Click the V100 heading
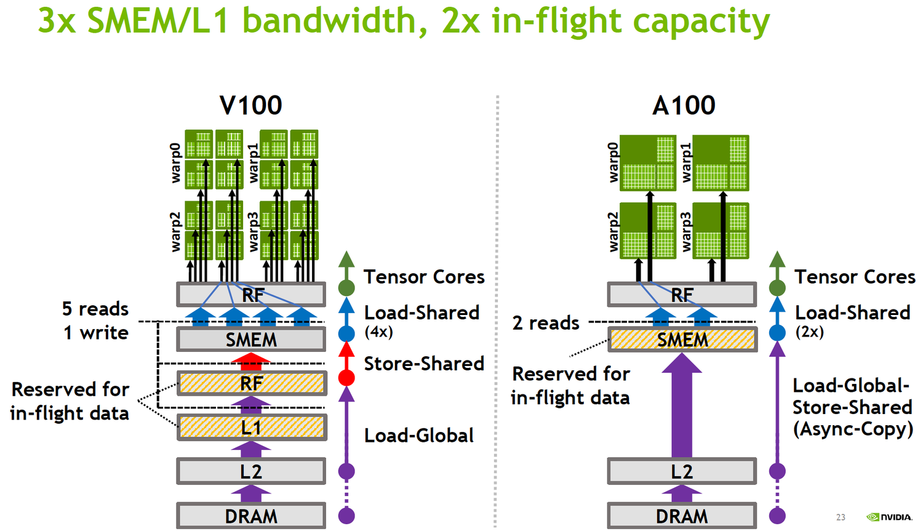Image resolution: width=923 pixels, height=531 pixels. tap(251, 105)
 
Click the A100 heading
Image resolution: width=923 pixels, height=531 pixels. tap(684, 105)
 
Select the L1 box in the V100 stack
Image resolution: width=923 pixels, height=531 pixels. tap(252, 427)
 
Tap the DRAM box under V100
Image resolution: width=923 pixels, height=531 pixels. tap(251, 516)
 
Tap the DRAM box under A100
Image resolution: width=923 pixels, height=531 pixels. tap(682, 516)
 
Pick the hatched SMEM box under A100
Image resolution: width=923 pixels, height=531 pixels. tap(682, 340)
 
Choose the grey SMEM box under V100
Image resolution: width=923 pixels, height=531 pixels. tap(251, 340)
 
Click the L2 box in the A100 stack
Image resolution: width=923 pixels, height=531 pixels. tap(682, 471)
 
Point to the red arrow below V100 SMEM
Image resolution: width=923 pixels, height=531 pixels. tap(251, 361)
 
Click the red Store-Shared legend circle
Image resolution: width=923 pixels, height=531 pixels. tap(346, 378)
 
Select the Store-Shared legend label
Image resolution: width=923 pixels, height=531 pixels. tap(424, 364)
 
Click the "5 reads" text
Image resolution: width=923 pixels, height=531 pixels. tap(95, 309)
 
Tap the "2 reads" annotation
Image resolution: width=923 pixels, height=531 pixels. tap(546, 324)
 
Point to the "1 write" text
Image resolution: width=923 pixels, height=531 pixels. tap(96, 333)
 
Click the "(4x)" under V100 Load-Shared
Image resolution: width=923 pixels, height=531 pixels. tap(378, 332)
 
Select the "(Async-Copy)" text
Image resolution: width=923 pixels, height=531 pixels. tap(852, 429)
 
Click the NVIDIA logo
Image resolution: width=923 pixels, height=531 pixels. tap(889, 517)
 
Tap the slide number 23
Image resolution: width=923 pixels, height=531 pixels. tap(841, 517)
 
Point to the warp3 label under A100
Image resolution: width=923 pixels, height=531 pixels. tap(686, 232)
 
